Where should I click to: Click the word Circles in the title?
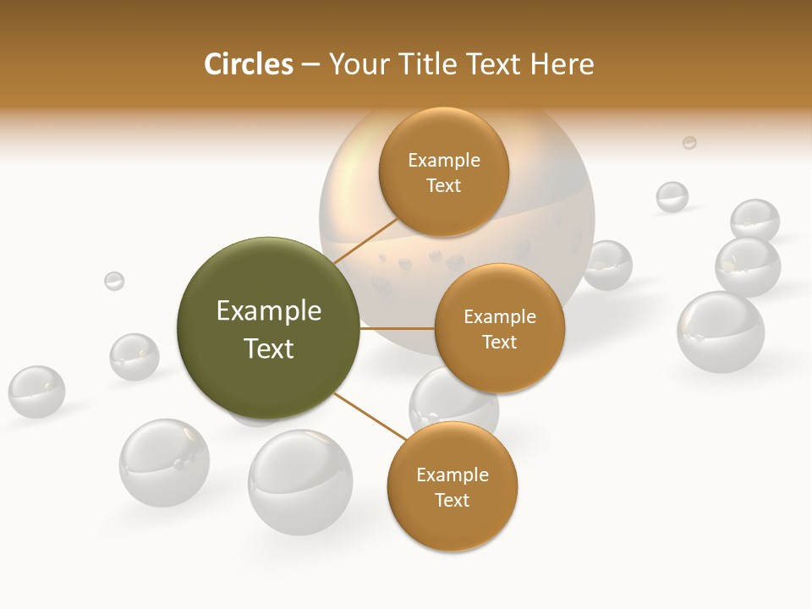click(248, 64)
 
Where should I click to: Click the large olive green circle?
click(268, 328)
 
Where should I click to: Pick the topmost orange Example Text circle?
click(444, 173)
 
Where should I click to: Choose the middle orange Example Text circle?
click(499, 328)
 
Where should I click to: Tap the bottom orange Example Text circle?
click(452, 486)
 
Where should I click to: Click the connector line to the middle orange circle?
click(397, 327)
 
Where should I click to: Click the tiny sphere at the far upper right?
click(689, 142)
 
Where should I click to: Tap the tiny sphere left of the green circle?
click(114, 281)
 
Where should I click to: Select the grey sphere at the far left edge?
click(36, 392)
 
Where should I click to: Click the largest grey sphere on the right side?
click(721, 332)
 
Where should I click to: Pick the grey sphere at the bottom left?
click(163, 462)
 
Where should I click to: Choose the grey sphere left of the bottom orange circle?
click(299, 482)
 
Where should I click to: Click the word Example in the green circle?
click(269, 311)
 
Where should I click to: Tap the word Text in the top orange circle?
click(444, 186)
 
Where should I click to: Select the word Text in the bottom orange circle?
click(452, 500)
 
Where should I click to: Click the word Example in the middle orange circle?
click(500, 316)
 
